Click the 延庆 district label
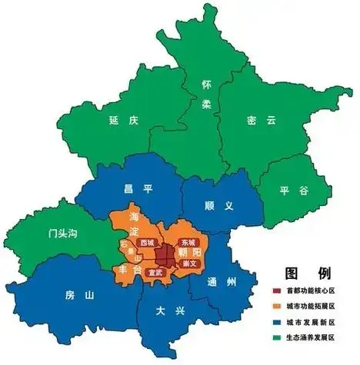pyautogui.click(x=123, y=121)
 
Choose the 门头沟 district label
pyautogui.click(x=59, y=231)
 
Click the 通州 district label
pyautogui.click(x=221, y=282)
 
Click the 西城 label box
pyautogui.click(x=148, y=242)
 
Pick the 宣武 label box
pyautogui.click(x=155, y=272)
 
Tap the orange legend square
pyautogui.click(x=277, y=306)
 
